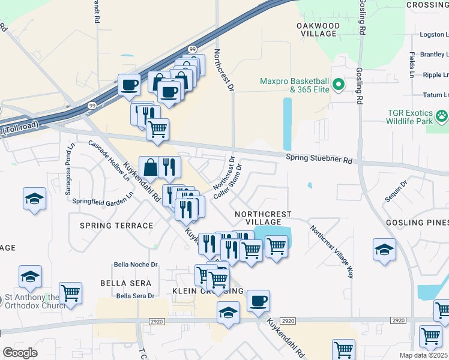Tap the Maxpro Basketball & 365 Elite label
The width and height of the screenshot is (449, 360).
pyautogui.click(x=294, y=86)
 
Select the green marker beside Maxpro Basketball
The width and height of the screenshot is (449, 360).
pyautogui.click(x=339, y=85)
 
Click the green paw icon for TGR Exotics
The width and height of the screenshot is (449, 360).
pyautogui.click(x=442, y=115)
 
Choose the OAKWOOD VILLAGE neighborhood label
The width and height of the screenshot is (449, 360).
pyautogui.click(x=319, y=30)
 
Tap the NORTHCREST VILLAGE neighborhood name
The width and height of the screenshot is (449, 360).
pyautogui.click(x=263, y=218)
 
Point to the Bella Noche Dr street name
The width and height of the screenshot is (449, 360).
pyautogui.click(x=136, y=264)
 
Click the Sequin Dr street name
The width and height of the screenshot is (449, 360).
pyautogui.click(x=397, y=191)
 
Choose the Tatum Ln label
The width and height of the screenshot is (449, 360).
pyautogui.click(x=435, y=95)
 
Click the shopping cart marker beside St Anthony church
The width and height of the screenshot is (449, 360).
pyautogui.click(x=71, y=293)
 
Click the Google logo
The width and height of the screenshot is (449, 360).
pyautogui.click(x=20, y=353)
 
